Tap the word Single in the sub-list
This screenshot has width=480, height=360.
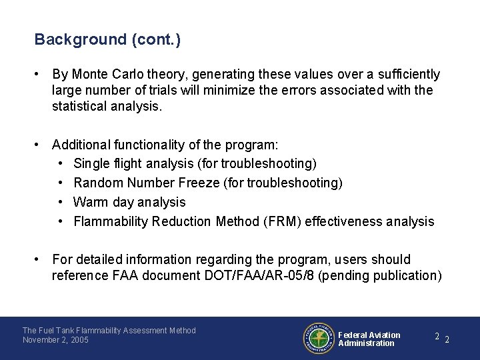90,163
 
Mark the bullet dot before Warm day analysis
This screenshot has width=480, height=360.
60,202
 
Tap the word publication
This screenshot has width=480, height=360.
402,275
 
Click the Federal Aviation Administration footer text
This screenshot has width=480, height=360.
369,339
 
